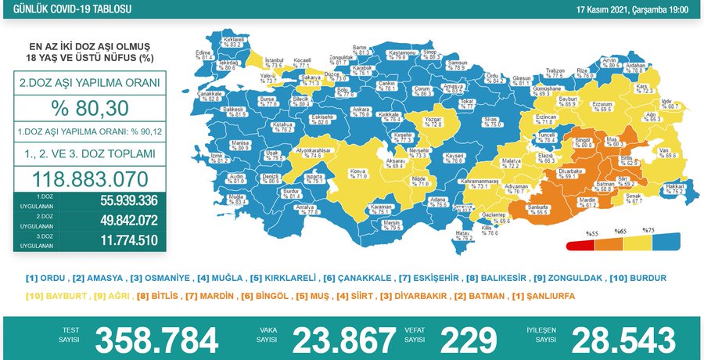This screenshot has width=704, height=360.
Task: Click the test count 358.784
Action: tap(156, 340)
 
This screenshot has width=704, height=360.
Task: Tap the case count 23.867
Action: tap(343, 340)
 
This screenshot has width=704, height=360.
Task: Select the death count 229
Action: tap(469, 340)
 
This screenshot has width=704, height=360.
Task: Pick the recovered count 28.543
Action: tap(623, 340)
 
